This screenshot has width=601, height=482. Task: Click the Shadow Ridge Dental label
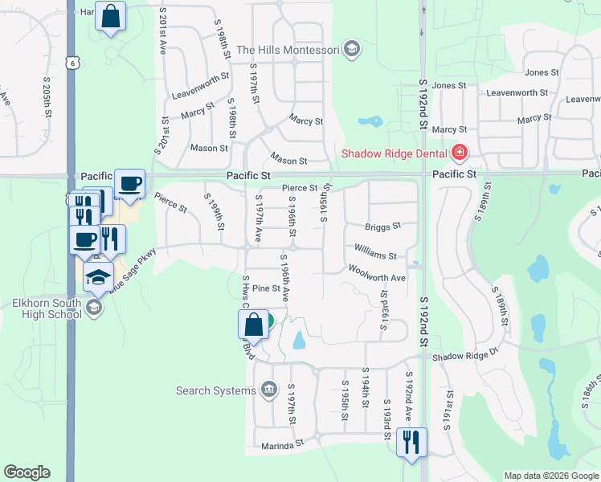coord(395,153)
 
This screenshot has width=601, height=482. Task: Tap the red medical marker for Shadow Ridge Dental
coord(460,152)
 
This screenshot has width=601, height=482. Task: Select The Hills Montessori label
coord(287,50)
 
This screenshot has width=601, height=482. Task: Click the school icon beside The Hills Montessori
coord(350,50)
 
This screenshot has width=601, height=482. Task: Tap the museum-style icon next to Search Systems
coord(268,391)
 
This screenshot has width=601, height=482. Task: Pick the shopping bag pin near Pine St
coord(253,325)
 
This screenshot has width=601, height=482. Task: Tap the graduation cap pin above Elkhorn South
coord(99,277)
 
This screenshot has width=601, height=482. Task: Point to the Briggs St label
coord(382,227)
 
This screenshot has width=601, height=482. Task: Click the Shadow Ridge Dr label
coord(465,356)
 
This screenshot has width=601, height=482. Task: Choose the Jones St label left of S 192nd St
coord(448,85)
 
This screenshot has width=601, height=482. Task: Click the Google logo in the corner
coord(27,472)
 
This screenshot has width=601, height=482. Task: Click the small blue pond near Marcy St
coord(370,123)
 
